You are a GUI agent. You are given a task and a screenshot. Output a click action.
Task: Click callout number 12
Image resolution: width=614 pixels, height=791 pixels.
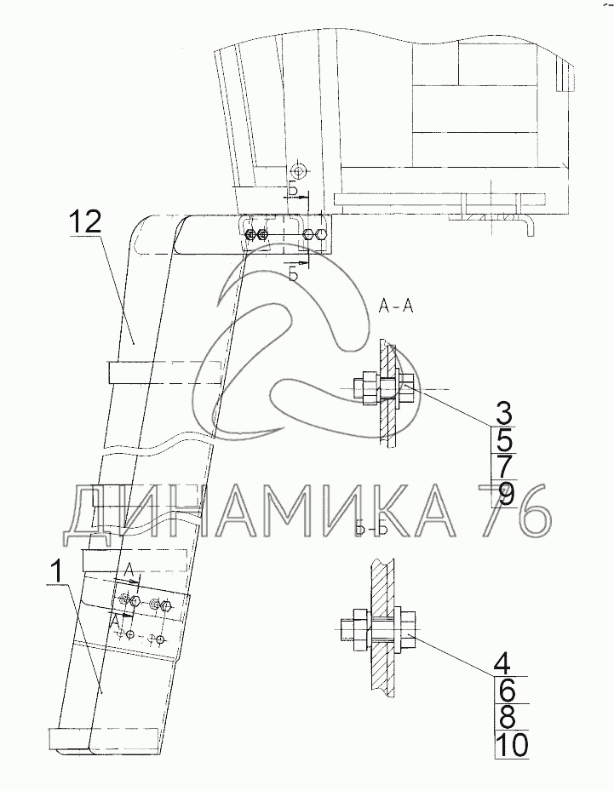86,222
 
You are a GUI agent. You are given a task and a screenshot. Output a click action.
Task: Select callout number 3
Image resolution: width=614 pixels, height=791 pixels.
503,413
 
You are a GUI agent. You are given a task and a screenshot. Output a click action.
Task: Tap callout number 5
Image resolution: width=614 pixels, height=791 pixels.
503,440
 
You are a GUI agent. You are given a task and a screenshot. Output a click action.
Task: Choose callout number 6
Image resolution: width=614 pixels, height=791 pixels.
505,690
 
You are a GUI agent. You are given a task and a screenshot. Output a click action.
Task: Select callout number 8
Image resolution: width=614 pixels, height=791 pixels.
505,716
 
